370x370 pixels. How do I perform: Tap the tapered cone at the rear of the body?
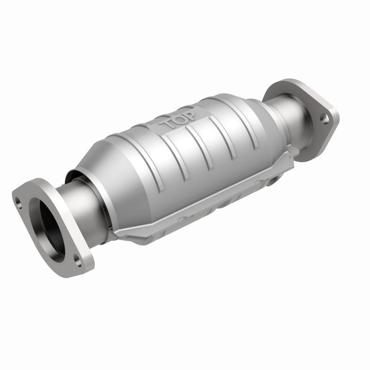click(257, 109)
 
